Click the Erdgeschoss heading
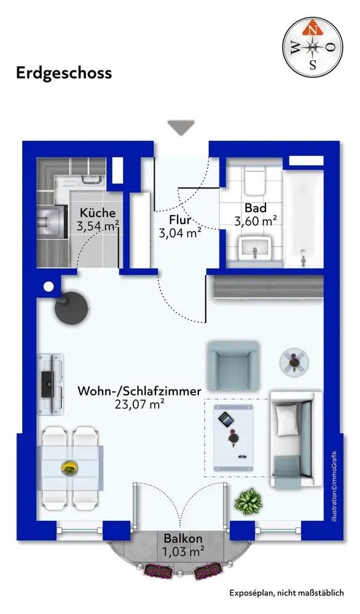tap(64, 73)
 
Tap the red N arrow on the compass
tap(312, 29)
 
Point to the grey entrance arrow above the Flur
tap(181, 128)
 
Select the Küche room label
tap(98, 212)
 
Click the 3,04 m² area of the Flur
tap(180, 233)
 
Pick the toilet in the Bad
tap(255, 181)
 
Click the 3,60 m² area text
tap(256, 221)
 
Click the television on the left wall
tap(48, 384)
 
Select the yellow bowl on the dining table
tap(69, 468)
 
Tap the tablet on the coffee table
tap(225, 420)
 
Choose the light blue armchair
tap(233, 366)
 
